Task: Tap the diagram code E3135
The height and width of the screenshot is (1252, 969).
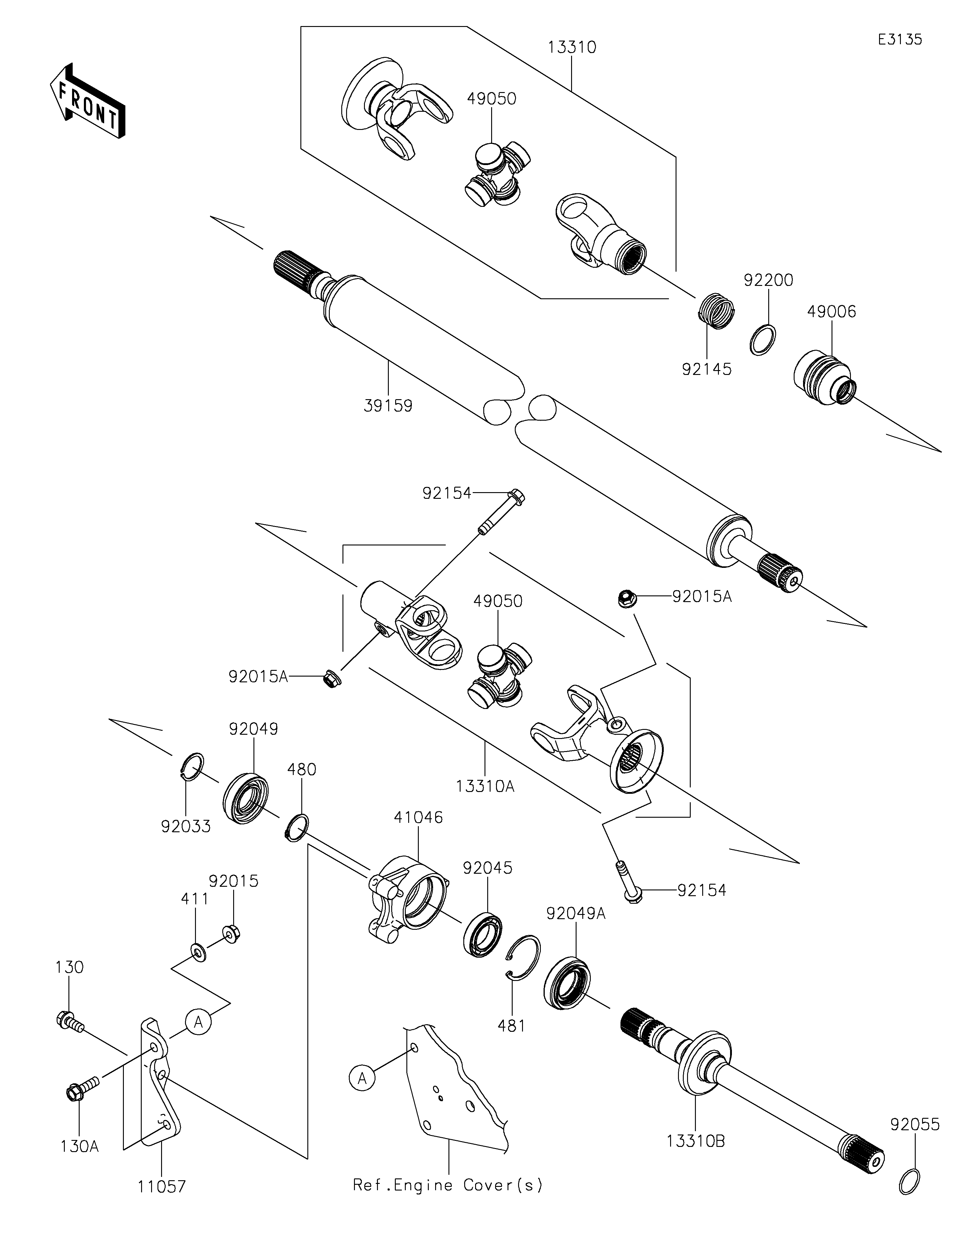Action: (900, 40)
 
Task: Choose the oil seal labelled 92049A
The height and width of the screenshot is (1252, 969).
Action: (567, 982)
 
